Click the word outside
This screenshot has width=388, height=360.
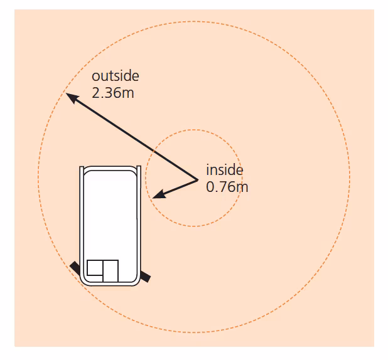(116, 76)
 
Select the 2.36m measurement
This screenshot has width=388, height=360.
(113, 93)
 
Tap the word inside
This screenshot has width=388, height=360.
(225, 170)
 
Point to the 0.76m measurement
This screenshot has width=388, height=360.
(227, 187)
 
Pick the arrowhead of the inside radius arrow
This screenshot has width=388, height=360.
(158, 194)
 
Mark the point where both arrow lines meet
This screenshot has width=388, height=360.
(198, 180)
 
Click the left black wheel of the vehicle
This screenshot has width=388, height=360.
(75, 268)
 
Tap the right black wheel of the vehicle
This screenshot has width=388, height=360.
(145, 277)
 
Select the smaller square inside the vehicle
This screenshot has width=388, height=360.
(95, 268)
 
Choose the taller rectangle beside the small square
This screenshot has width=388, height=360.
(110, 271)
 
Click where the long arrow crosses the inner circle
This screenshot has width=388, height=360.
(154, 151)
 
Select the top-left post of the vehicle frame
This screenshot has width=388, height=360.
(82, 171)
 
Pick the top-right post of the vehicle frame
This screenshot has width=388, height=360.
(139, 171)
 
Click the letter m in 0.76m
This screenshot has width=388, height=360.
(242, 188)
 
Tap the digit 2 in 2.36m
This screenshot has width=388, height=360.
(95, 93)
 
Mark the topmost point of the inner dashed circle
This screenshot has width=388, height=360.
(194, 130)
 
